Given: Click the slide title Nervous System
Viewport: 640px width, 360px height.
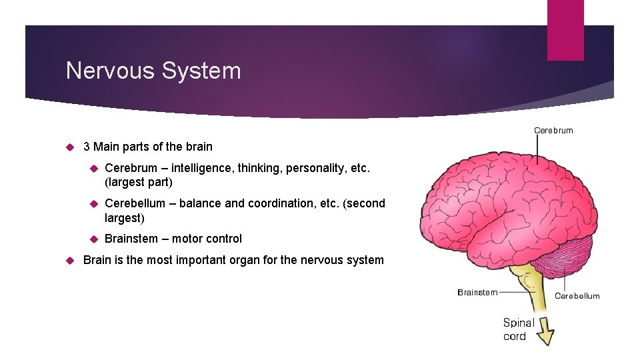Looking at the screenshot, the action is tap(153, 70).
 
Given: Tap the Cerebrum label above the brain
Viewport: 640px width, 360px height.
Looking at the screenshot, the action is tap(553, 130).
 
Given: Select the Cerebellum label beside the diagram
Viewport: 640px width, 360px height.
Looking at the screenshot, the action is tap(577, 295).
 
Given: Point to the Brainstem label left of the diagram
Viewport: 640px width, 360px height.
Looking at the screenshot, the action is tap(477, 292).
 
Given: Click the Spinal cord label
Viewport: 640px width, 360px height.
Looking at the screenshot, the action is tap(518, 329).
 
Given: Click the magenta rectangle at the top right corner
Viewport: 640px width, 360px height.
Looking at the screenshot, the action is tap(565, 30).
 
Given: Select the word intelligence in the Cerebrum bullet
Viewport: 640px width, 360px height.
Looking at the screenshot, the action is tap(201, 168).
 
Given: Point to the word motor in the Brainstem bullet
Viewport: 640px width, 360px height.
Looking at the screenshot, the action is tap(187, 239).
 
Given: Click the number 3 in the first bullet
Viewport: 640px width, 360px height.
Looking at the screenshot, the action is tap(87, 147).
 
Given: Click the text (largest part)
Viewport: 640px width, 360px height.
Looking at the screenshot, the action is tap(139, 182).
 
